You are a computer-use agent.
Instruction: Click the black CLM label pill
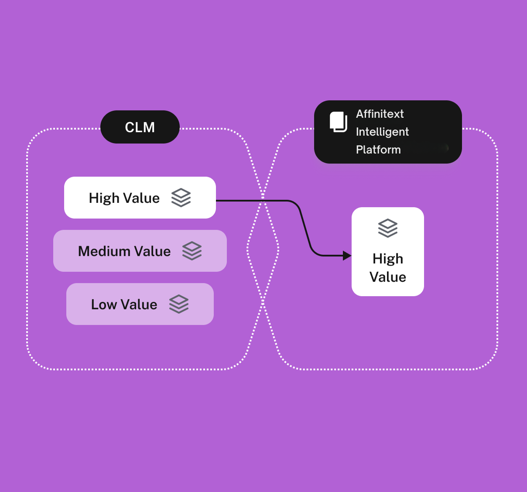tap(140, 127)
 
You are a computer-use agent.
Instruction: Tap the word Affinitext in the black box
tap(380, 114)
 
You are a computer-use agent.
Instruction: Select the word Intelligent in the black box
tap(382, 132)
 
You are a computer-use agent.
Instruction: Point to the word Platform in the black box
tap(378, 150)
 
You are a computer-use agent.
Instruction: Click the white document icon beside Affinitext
tap(338, 122)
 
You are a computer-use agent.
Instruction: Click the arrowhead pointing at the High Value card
tap(347, 256)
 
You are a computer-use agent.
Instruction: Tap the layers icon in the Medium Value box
tap(192, 251)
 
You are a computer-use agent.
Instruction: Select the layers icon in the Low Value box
tap(179, 304)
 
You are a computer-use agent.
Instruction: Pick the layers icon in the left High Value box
tap(181, 198)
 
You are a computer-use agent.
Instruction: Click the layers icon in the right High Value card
tap(388, 228)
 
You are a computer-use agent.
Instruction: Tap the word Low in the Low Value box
tap(104, 304)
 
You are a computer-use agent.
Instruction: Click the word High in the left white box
tap(104, 198)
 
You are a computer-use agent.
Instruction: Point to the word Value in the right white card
tap(388, 277)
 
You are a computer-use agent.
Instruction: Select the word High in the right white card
tap(388, 259)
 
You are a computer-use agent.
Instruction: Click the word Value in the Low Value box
tap(139, 304)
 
